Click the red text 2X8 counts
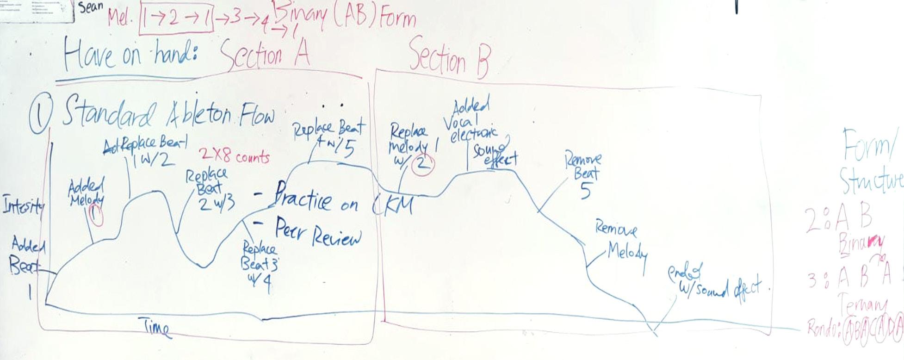pos(234,156)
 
